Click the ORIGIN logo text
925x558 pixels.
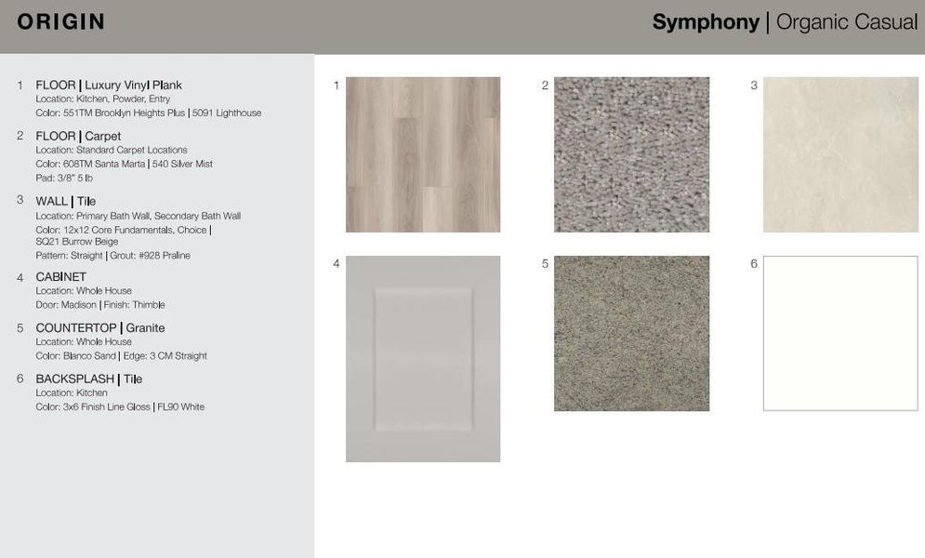(60, 22)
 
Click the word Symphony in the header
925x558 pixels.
(705, 22)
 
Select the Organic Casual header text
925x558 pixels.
(846, 22)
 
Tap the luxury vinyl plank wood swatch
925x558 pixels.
(423, 154)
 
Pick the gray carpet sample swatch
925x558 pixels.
(631, 154)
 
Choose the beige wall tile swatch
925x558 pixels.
(840, 154)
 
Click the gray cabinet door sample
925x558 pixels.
(423, 359)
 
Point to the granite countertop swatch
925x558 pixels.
(631, 333)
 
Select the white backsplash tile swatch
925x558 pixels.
(840, 333)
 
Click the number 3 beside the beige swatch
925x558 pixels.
(754, 86)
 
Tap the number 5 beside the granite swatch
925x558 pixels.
(545, 264)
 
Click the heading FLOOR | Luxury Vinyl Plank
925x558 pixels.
(109, 85)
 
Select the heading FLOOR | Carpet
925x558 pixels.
(78, 136)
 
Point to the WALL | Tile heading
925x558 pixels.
(65, 201)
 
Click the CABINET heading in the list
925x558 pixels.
(60, 276)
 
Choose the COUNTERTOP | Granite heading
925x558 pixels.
(99, 327)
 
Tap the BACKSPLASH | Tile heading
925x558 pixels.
(88, 379)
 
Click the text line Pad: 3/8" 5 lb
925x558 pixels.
(64, 178)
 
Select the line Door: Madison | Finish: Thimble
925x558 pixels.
(100, 304)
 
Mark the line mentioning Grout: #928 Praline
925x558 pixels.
(112, 255)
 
